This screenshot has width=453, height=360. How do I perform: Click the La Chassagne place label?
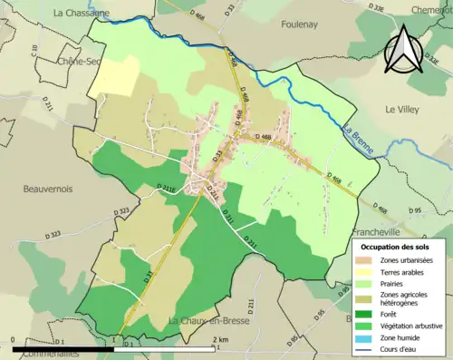pyautogui.click(x=81, y=13)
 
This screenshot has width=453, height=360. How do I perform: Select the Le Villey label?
pyautogui.click(x=403, y=109)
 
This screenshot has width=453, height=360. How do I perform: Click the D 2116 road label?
pyautogui.click(x=165, y=189)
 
